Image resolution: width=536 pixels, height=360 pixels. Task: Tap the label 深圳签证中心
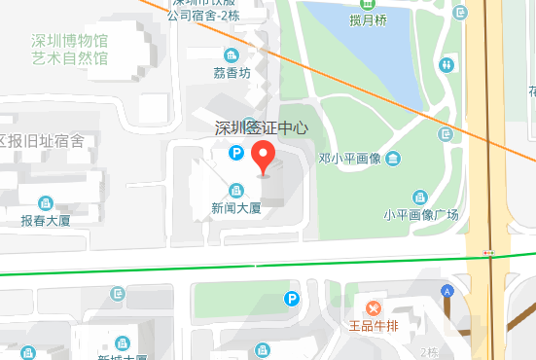coord(261,127)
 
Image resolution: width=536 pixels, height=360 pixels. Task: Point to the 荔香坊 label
coord(232,73)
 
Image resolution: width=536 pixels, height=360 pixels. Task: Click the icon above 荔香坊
coord(232,55)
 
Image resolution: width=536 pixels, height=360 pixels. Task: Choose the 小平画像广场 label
coord(420,215)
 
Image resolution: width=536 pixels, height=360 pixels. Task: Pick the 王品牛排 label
coord(375,327)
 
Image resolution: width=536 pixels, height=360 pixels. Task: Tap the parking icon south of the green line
coord(290,298)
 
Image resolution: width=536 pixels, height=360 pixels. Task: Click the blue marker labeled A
coord(447,290)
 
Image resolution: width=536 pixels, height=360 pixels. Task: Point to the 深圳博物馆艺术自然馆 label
coord(69,49)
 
